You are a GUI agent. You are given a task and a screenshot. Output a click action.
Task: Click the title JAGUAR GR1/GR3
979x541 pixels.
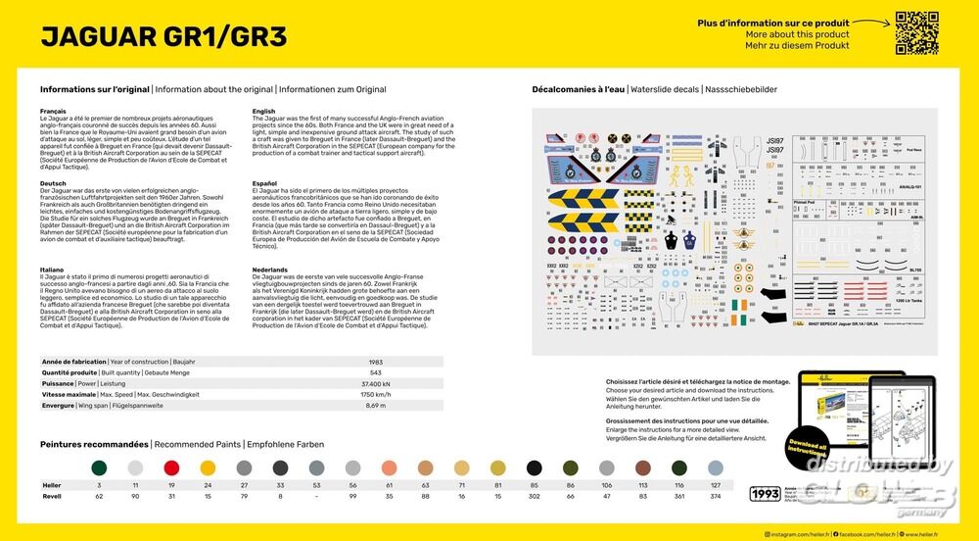[x=164, y=36]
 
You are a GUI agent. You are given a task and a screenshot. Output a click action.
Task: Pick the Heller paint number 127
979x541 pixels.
[x=715, y=485]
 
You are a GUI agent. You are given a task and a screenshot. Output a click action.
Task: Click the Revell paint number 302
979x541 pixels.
[x=534, y=497]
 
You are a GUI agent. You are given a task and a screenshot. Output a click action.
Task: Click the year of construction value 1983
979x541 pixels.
[x=376, y=362]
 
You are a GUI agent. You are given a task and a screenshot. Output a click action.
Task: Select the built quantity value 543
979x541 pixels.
[x=376, y=372]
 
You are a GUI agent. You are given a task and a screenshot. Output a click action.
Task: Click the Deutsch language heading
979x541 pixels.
[x=54, y=183]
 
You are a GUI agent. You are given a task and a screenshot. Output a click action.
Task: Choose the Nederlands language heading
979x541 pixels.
[x=269, y=270]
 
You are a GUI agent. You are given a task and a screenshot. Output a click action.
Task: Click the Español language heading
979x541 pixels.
[x=264, y=183]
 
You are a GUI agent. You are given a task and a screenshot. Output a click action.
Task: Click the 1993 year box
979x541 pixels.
[x=765, y=493]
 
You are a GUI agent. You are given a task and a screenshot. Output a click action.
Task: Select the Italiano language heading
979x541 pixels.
[x=53, y=270]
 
